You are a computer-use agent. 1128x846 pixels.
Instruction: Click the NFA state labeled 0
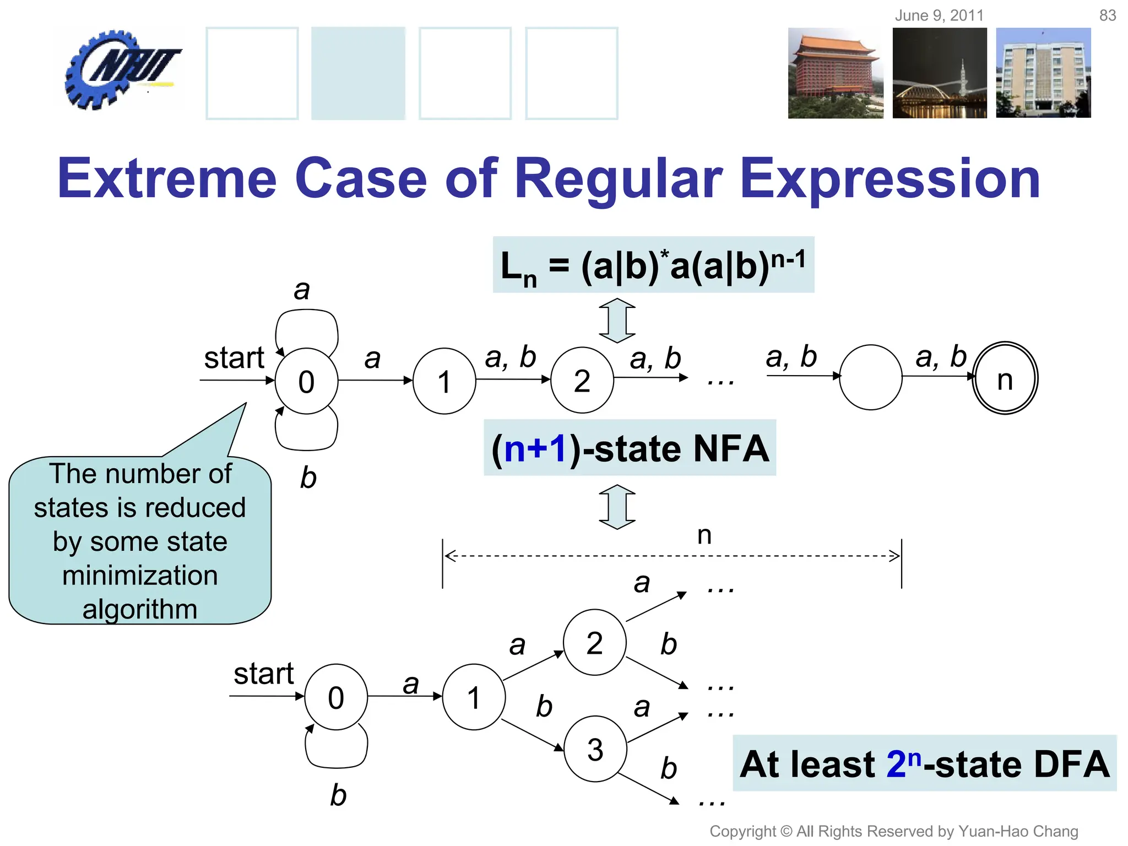[306, 381]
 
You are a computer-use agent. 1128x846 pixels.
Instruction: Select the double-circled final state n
[1005, 378]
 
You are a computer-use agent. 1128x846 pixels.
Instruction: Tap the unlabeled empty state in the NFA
[870, 377]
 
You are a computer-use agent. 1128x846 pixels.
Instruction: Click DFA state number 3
[595, 749]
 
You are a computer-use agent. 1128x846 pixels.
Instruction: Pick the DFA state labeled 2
[594, 642]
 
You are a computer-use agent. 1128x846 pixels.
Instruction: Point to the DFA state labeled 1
[473, 697]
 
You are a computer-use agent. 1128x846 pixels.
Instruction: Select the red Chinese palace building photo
[835, 73]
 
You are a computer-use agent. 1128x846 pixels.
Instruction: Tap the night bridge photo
[939, 73]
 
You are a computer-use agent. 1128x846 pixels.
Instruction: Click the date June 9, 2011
[939, 15]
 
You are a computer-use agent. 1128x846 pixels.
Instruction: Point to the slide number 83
[1107, 15]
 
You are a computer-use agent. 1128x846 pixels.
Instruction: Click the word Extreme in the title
[167, 178]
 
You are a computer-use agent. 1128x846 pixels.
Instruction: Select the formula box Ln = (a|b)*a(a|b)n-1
[653, 265]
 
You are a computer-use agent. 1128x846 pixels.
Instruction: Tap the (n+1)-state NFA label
[630, 448]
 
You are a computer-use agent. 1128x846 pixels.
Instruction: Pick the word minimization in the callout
[140, 576]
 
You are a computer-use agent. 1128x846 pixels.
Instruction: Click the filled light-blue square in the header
[358, 73]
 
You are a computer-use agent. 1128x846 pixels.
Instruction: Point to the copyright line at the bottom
[893, 831]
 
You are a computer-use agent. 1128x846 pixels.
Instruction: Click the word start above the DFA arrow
[263, 673]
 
